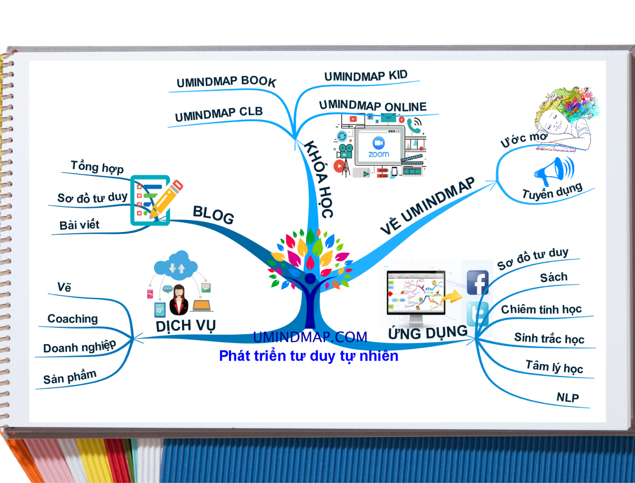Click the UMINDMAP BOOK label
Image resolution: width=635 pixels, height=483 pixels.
tap(226, 81)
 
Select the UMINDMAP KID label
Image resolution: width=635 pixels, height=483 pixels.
tap(366, 76)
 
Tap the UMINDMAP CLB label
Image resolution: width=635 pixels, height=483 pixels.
tap(219, 114)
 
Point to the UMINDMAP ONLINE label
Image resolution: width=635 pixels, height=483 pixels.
tap(373, 106)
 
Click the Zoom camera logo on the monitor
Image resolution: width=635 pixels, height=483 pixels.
tap(378, 143)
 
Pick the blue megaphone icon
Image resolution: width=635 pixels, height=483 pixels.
tap(554, 171)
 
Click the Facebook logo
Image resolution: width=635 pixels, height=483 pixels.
tap(478, 282)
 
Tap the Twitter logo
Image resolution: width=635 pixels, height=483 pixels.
tap(478, 314)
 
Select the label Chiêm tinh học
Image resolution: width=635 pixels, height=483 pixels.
tap(541, 309)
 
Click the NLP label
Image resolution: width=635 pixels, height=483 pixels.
tap(567, 398)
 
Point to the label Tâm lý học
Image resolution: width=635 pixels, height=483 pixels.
tap(555, 367)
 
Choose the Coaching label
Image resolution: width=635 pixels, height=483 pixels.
tap(72, 319)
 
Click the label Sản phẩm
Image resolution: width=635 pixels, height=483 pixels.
tap(70, 377)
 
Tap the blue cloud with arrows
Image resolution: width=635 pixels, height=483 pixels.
tap(176, 265)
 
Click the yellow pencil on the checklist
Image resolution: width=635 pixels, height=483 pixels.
tap(166, 199)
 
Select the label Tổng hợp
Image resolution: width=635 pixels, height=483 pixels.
tap(97, 167)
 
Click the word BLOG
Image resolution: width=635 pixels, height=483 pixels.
tap(213, 215)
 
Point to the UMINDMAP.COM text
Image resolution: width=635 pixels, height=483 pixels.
tap(310, 337)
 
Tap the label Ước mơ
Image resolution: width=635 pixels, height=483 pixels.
tap(524, 139)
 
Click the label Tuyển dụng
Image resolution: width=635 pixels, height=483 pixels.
tap(552, 191)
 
